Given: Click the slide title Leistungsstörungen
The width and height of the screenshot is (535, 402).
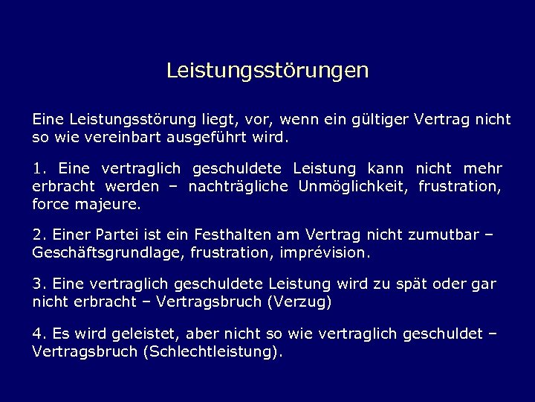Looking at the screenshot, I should (x=267, y=71).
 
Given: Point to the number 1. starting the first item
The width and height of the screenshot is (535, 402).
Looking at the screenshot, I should (x=39, y=168).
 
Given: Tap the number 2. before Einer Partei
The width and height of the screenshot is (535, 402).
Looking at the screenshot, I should (x=39, y=235).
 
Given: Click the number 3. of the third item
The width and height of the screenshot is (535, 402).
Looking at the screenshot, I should (x=39, y=285).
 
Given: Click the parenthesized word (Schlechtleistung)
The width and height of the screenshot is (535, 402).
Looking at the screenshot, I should (x=211, y=352).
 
